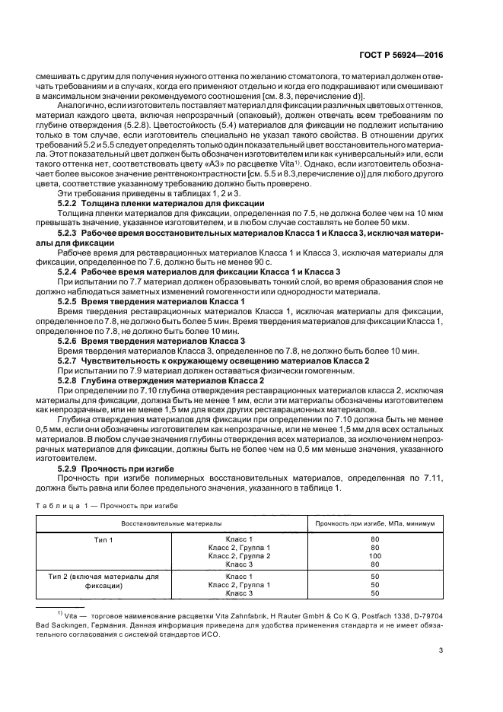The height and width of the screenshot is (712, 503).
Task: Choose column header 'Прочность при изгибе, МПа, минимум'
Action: pos(375,523)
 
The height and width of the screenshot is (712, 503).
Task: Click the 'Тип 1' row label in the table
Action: pos(103,539)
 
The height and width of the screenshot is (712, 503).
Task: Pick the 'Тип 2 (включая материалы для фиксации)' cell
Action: pos(103,582)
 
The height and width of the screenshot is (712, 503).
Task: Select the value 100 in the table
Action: pos(375,557)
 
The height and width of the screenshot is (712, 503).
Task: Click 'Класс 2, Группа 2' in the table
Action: pos(238,557)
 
